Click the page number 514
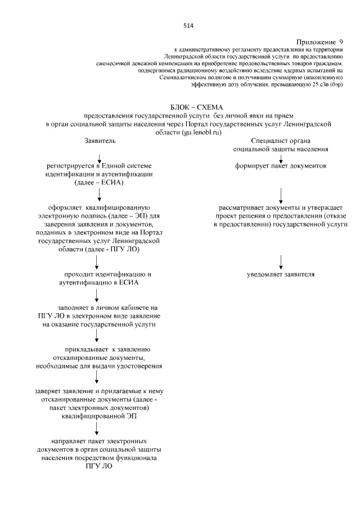click(x=188, y=25)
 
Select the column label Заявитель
click(x=100, y=140)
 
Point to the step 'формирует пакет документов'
click(x=281, y=166)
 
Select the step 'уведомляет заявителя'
click(x=281, y=274)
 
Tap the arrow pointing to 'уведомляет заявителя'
click(x=281, y=260)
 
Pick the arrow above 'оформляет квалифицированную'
click(x=100, y=194)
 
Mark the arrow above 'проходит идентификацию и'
click(x=97, y=260)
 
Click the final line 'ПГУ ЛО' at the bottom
click(x=99, y=466)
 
